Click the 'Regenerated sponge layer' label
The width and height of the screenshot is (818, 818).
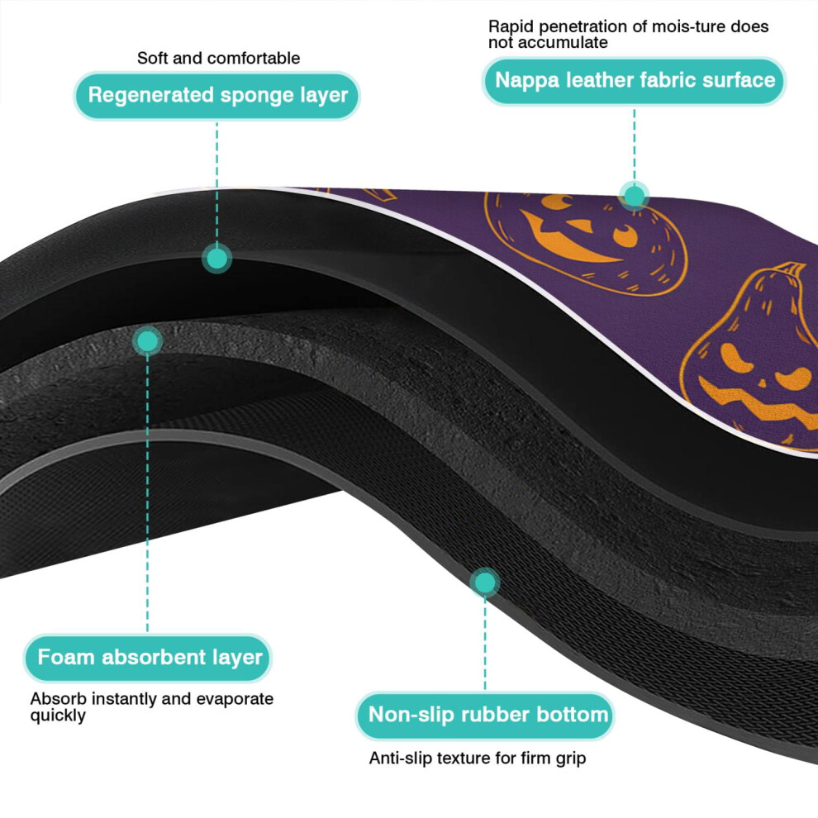click(x=217, y=96)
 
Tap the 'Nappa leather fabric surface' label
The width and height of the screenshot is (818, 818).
click(x=635, y=81)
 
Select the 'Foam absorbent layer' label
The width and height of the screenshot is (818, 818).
click(x=148, y=658)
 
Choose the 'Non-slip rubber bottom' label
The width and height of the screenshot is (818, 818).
click(x=485, y=716)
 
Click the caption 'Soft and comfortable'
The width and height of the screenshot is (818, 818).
click(x=219, y=58)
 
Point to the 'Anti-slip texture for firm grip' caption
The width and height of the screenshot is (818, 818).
click(x=478, y=758)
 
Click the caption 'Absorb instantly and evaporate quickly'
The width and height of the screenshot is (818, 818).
click(x=152, y=707)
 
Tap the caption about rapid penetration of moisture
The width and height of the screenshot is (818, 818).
click(x=628, y=34)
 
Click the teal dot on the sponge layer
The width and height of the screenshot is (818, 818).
click(x=217, y=259)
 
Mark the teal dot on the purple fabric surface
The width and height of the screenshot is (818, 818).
click(x=635, y=196)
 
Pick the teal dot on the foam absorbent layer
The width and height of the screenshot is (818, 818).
click(x=147, y=342)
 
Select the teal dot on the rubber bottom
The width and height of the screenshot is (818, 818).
click(x=485, y=583)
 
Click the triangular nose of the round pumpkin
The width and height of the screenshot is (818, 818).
click(x=579, y=226)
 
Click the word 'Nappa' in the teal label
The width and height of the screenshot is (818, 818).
click(x=527, y=81)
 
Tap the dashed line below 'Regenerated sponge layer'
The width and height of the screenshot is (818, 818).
click(x=217, y=182)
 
